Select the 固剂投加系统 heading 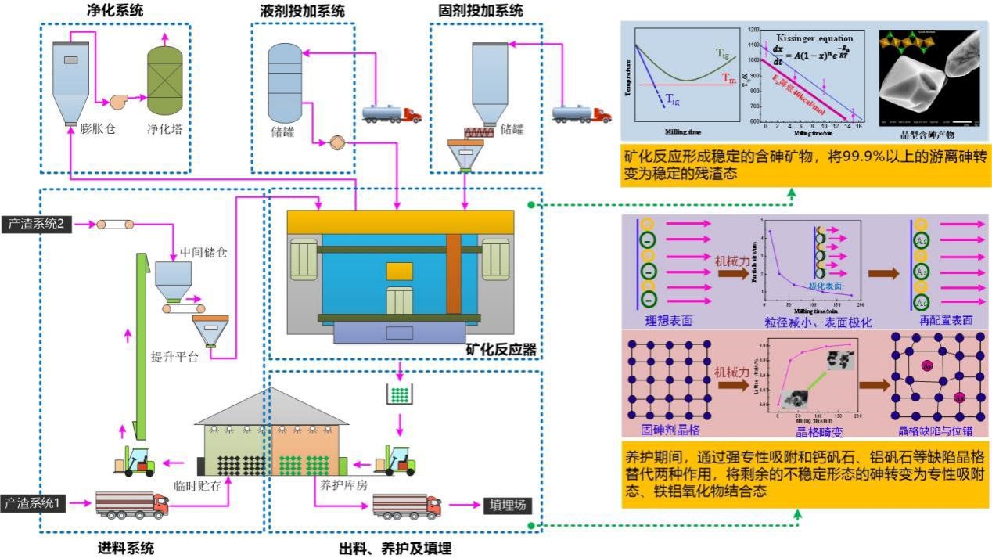(x=481, y=10)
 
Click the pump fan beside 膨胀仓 (x=120, y=102)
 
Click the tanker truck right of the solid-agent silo (x=582, y=114)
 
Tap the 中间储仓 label (x=207, y=253)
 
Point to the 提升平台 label (x=174, y=358)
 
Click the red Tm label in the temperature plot (x=728, y=81)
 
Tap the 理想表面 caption (x=668, y=321)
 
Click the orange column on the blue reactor (x=454, y=270)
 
